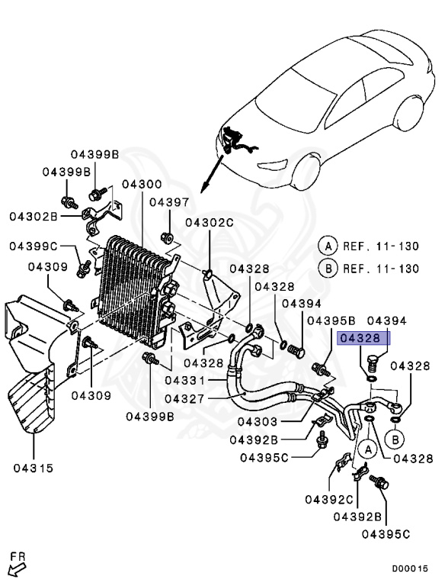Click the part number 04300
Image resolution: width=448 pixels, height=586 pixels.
pos(141,185)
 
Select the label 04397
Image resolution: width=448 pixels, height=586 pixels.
pos(168,202)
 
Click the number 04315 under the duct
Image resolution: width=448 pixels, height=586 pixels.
pos(34,468)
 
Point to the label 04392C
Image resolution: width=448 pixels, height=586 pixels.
pos(328,501)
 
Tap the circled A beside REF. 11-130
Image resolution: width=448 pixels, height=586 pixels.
pos(328,246)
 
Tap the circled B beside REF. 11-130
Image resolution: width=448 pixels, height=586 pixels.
pos(328,269)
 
